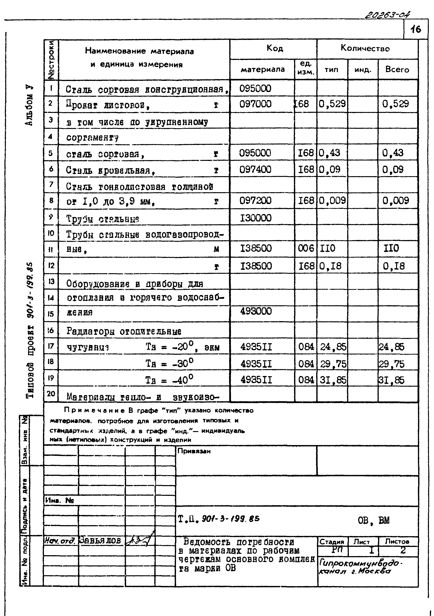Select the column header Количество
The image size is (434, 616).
[x=365, y=49]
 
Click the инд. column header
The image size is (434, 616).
[x=363, y=70]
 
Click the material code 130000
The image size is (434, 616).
[x=255, y=218]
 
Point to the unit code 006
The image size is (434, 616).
[x=306, y=248]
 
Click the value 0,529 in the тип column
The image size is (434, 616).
[x=332, y=104]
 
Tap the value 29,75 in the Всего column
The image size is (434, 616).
[x=391, y=364]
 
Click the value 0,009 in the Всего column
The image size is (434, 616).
[x=396, y=201]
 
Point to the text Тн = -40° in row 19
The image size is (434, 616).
[x=169, y=380]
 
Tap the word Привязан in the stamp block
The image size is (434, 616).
[x=194, y=451]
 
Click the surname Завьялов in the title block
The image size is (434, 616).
[x=100, y=541]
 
